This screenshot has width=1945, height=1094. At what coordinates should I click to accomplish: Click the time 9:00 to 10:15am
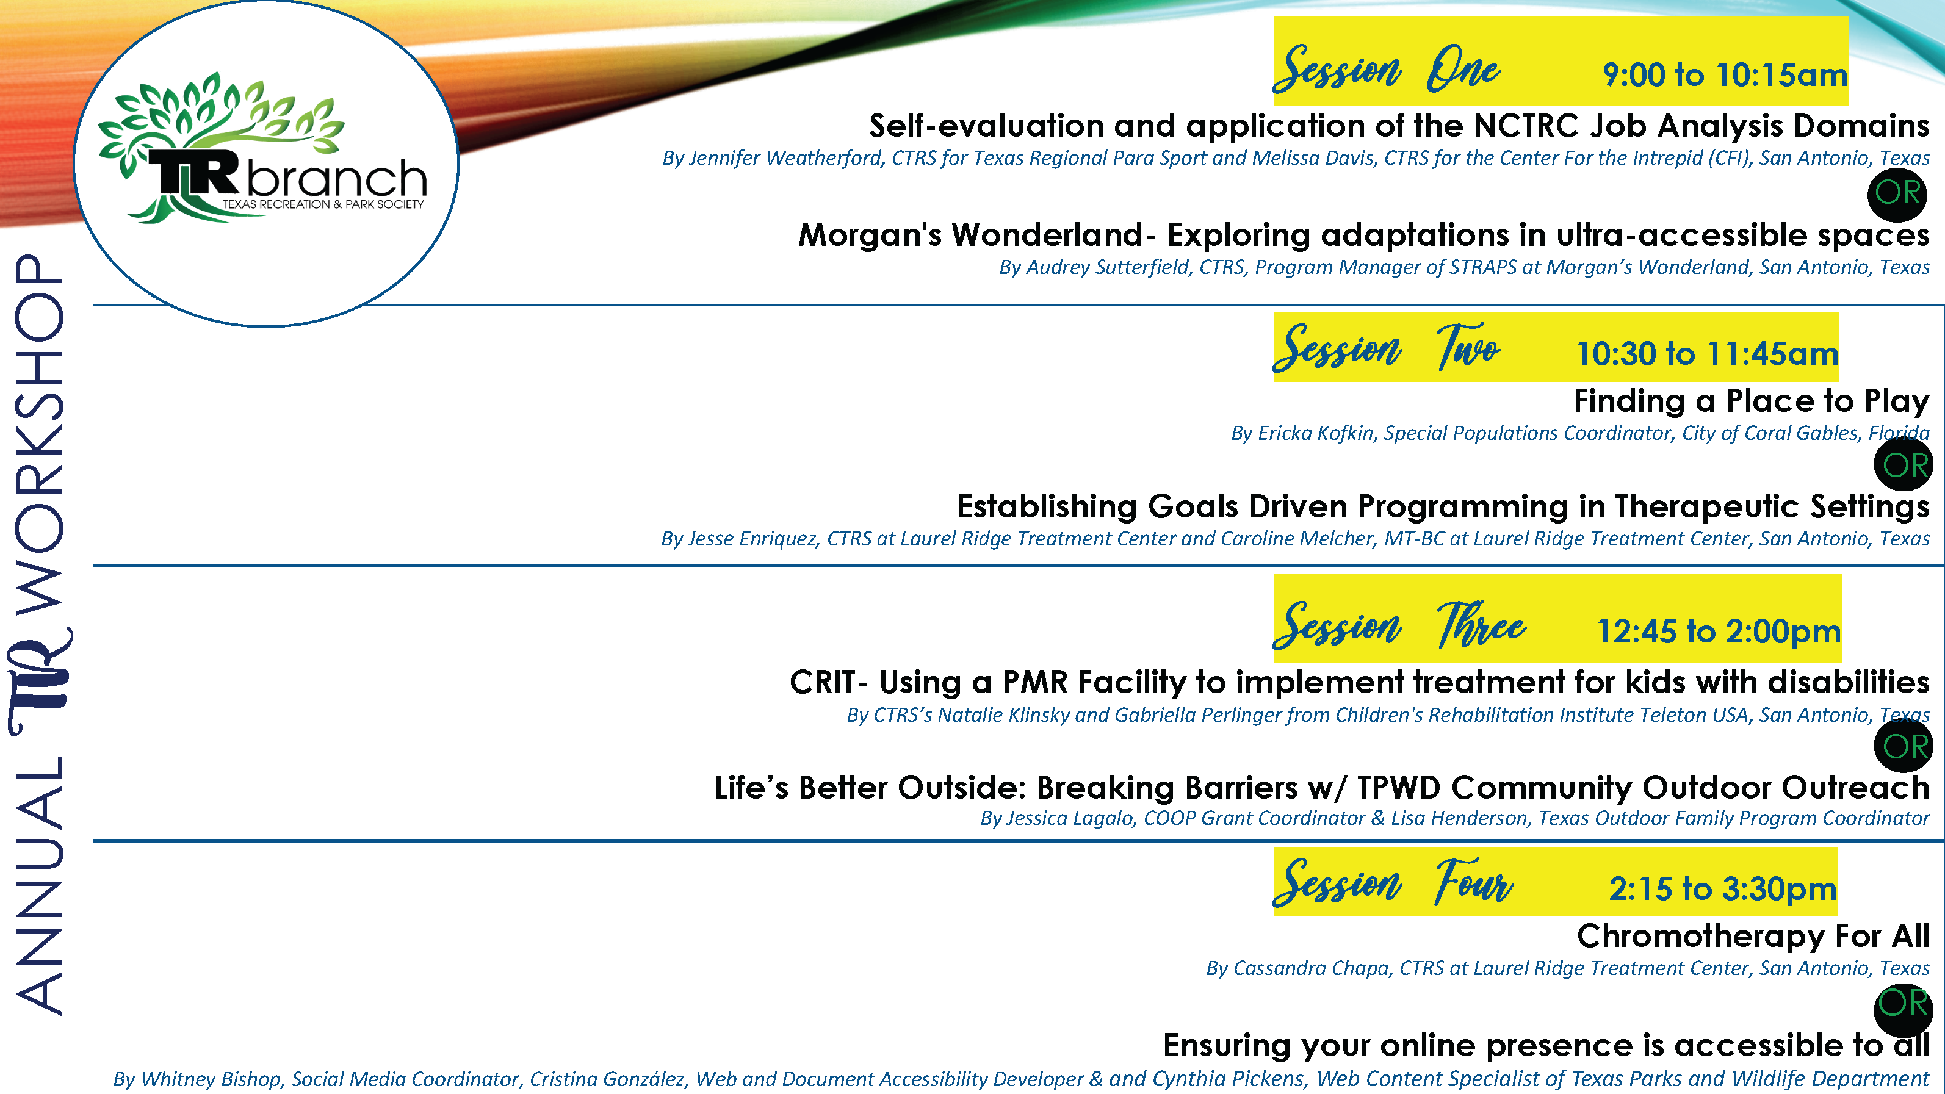click(1725, 75)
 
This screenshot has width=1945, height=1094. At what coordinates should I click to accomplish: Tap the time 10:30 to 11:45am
click(1706, 353)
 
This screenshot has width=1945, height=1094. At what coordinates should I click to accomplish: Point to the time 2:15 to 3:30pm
click(1722, 888)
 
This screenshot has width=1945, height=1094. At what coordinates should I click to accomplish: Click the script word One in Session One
click(1463, 70)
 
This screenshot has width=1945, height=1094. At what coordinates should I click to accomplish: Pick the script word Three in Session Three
click(1481, 625)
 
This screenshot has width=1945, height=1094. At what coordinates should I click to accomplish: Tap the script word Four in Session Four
click(1474, 882)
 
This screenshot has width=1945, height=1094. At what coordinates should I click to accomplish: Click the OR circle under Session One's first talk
click(1897, 193)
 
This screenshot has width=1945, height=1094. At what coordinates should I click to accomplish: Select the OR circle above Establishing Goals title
click(1904, 465)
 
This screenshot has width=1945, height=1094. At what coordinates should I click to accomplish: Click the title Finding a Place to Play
click(1751, 401)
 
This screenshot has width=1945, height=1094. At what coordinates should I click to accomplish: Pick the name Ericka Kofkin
click(1315, 433)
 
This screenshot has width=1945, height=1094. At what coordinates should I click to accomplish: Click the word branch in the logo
click(337, 179)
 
